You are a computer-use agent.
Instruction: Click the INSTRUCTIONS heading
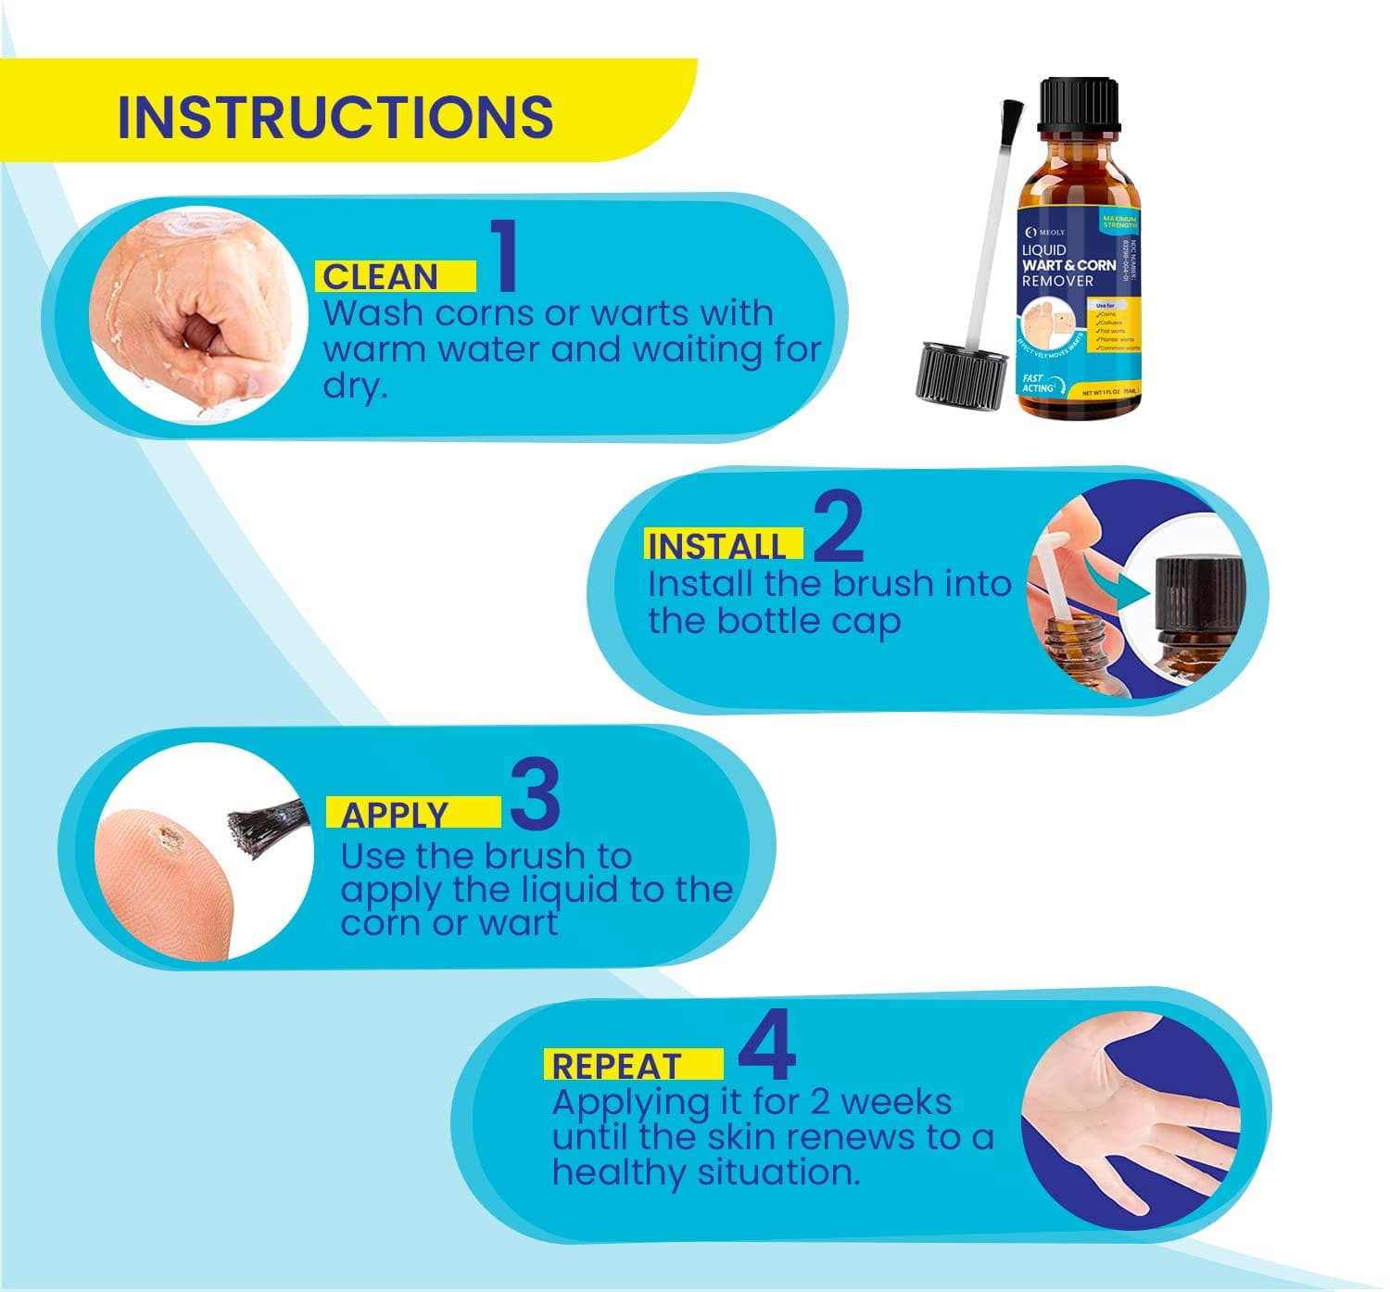coord(335,117)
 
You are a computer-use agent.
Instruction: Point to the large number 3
coord(535,794)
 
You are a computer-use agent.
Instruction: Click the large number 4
coord(767,1046)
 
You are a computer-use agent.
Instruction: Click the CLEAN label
coord(380,277)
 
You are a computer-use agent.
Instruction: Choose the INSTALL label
coord(716,546)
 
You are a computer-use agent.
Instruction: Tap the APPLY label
coord(395,815)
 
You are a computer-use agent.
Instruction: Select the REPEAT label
coord(616,1066)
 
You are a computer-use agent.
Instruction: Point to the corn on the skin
coord(171,838)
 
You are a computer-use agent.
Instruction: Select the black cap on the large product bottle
coord(1079,105)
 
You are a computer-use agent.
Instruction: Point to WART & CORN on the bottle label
coord(1068,265)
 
